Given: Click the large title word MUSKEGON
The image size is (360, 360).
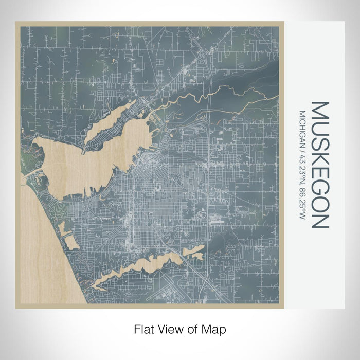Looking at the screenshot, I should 319,165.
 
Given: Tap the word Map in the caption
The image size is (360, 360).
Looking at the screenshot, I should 216,328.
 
